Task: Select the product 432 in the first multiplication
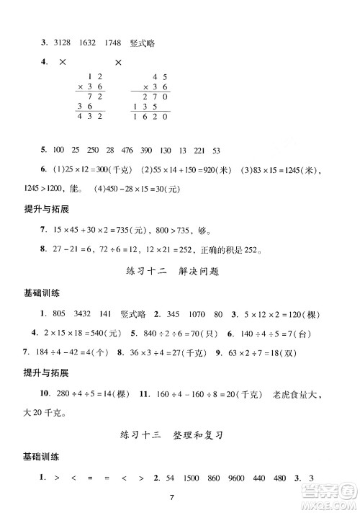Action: (91, 116)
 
